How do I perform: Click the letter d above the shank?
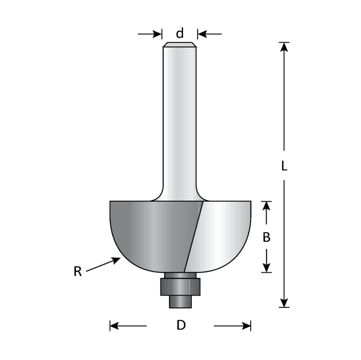[179, 34]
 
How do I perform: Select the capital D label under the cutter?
[180, 325]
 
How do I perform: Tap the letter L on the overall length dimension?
[284, 166]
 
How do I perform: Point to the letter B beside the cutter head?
[266, 237]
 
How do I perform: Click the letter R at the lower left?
[77, 271]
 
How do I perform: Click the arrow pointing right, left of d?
[156, 34]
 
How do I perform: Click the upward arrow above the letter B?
[266, 205]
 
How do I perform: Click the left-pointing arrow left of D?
[115, 325]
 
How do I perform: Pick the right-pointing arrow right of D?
[246, 325]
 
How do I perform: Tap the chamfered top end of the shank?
[179, 45]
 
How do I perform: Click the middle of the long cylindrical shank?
[179, 119]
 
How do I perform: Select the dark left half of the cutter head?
[150, 232]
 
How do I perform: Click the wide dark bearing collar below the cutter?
[179, 285]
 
